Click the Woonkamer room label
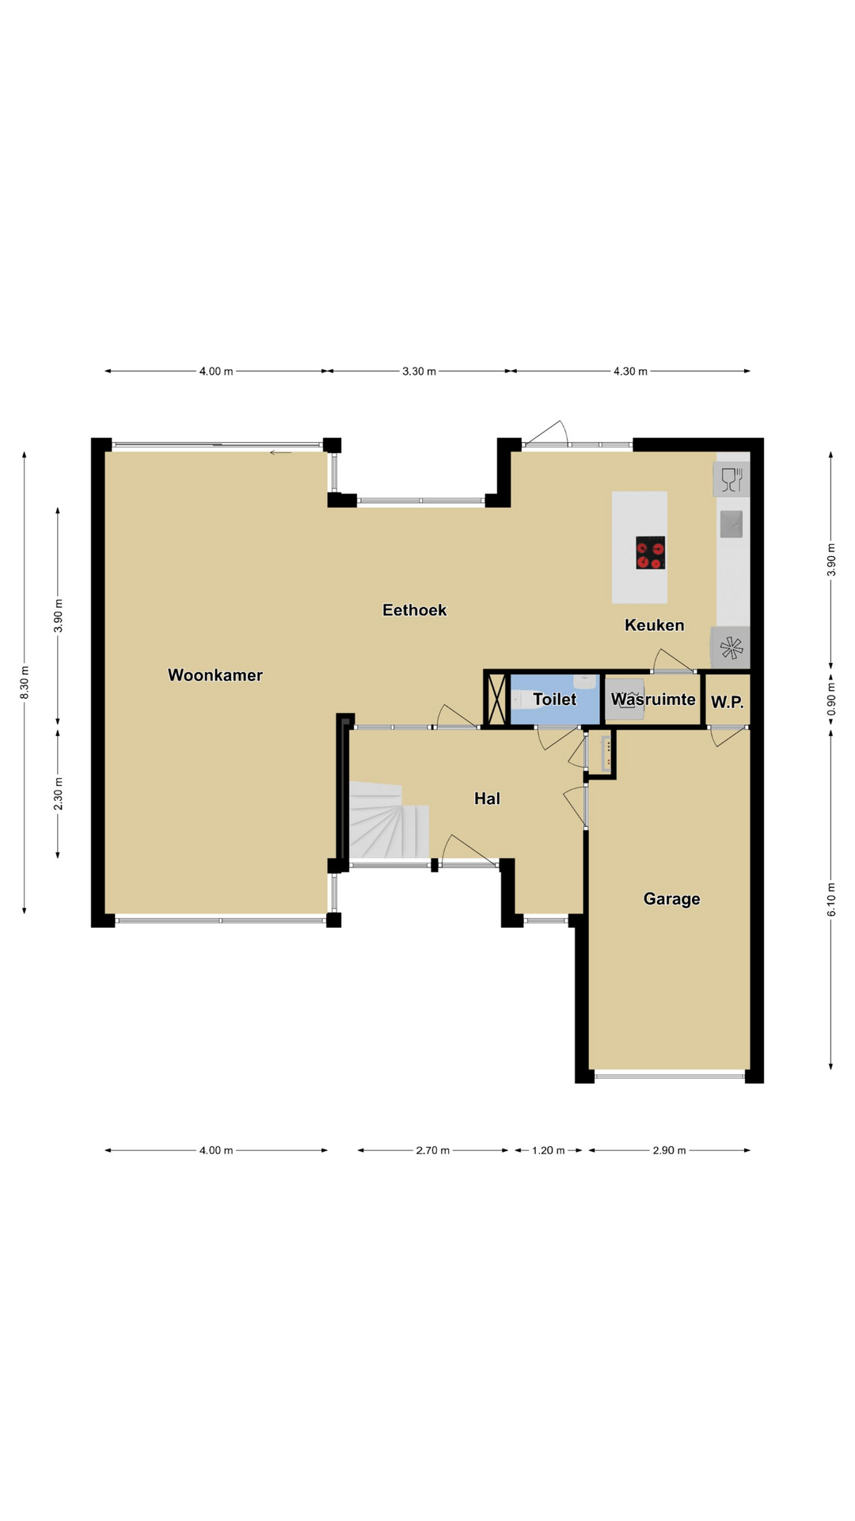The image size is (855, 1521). click(x=215, y=675)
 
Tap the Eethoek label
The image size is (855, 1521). click(x=415, y=610)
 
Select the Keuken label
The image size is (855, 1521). click(x=655, y=625)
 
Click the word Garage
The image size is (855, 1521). click(x=672, y=899)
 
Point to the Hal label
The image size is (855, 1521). click(x=488, y=799)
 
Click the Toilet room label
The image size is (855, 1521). click(x=555, y=700)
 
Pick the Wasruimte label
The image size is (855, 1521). click(x=653, y=700)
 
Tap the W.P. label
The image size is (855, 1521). click(x=727, y=702)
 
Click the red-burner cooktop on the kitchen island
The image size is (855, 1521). click(x=651, y=553)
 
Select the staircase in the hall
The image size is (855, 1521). click(x=388, y=820)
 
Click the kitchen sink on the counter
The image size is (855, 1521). click(x=731, y=523)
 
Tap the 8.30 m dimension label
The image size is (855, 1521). click(x=25, y=682)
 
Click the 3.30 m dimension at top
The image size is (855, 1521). click(x=420, y=371)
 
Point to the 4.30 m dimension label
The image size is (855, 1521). click(x=630, y=371)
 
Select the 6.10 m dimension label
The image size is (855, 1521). click(x=831, y=900)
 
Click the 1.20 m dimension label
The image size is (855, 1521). click(x=548, y=1150)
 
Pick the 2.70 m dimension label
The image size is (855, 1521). click(x=433, y=1150)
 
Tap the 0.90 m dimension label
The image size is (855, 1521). click(x=831, y=700)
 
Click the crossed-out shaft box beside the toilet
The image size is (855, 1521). click(x=497, y=699)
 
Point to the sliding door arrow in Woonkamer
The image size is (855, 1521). click(x=280, y=452)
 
